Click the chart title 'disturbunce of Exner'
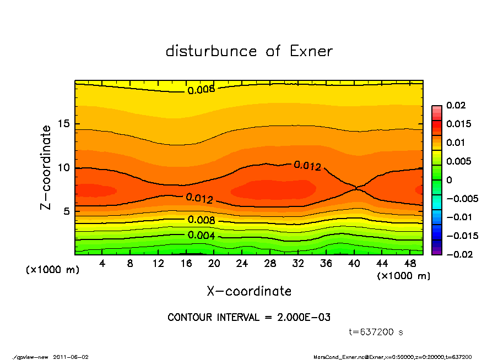(x=249, y=51)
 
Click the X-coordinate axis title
(x=249, y=291)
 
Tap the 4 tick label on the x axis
(x=102, y=264)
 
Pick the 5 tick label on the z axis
(x=67, y=211)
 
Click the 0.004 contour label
(x=202, y=236)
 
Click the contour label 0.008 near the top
(x=201, y=90)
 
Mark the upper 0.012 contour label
(x=307, y=165)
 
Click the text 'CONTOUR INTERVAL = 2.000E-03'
(x=249, y=318)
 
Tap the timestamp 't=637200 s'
(x=376, y=332)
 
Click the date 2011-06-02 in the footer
(x=71, y=357)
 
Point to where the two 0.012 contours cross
(x=358, y=188)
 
